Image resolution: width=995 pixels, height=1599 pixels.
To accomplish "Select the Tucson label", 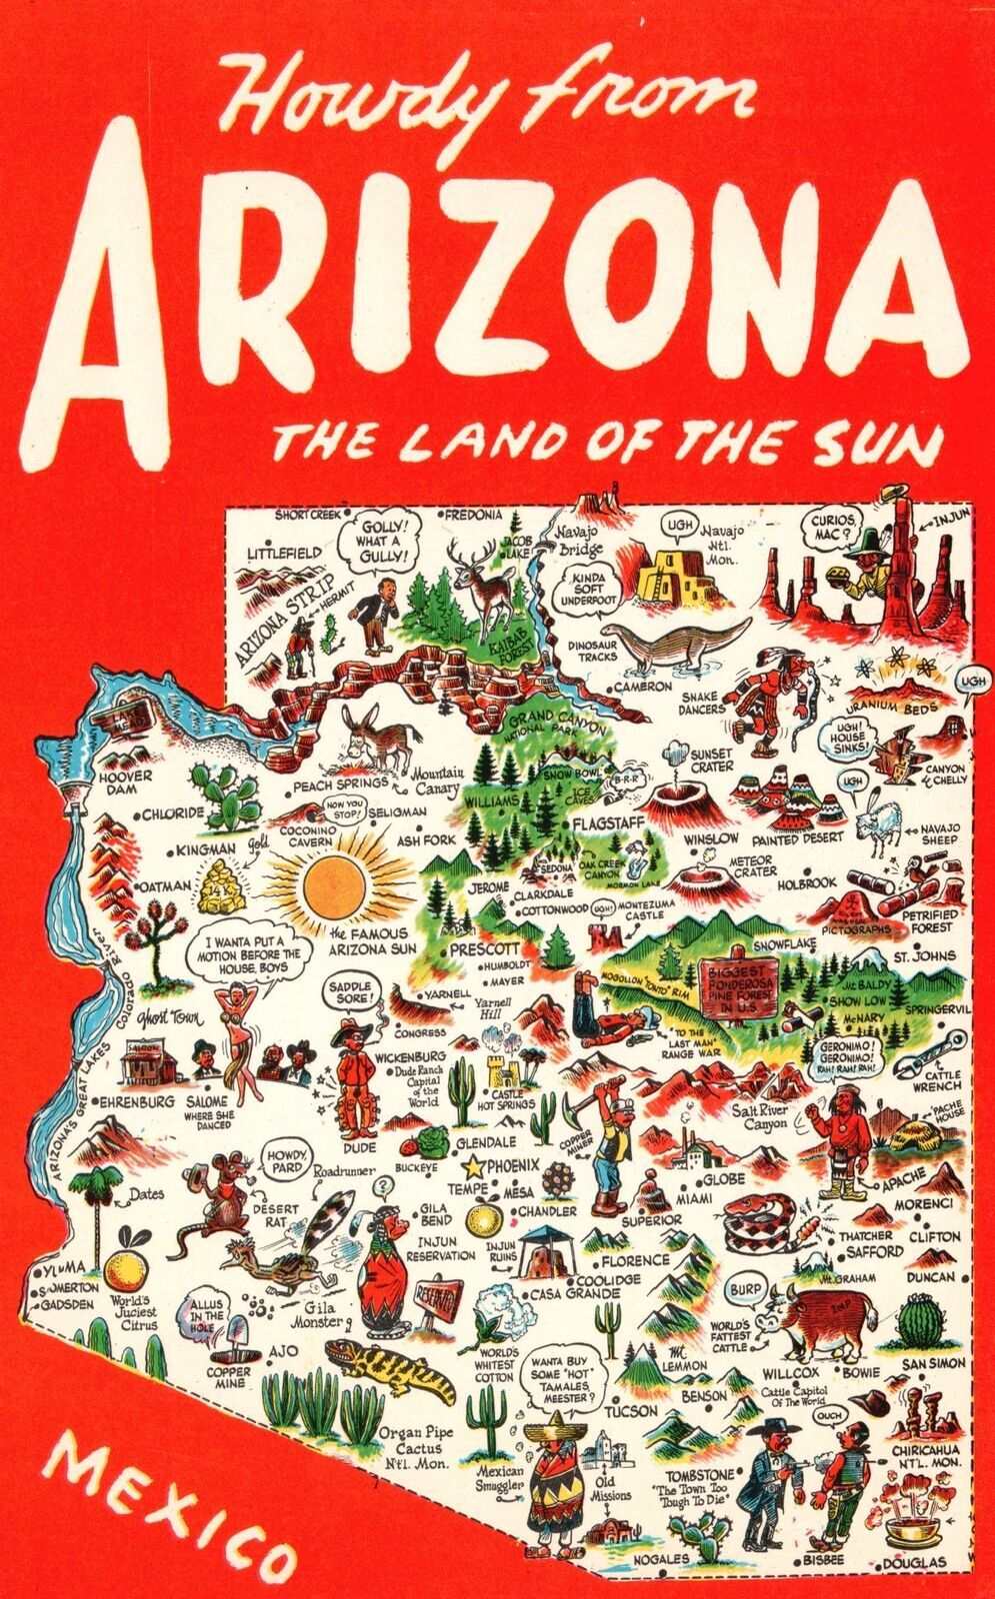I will pos(631,1411).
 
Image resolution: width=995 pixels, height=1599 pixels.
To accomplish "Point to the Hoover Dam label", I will pos(127,782).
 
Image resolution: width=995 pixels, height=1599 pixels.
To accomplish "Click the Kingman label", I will pos(205,849).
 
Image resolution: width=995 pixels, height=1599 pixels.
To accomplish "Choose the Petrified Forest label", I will pos(929,920).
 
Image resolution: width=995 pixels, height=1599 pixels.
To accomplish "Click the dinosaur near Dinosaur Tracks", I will pos(680,642).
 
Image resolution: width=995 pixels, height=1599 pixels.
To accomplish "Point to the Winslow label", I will pos(712,837).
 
